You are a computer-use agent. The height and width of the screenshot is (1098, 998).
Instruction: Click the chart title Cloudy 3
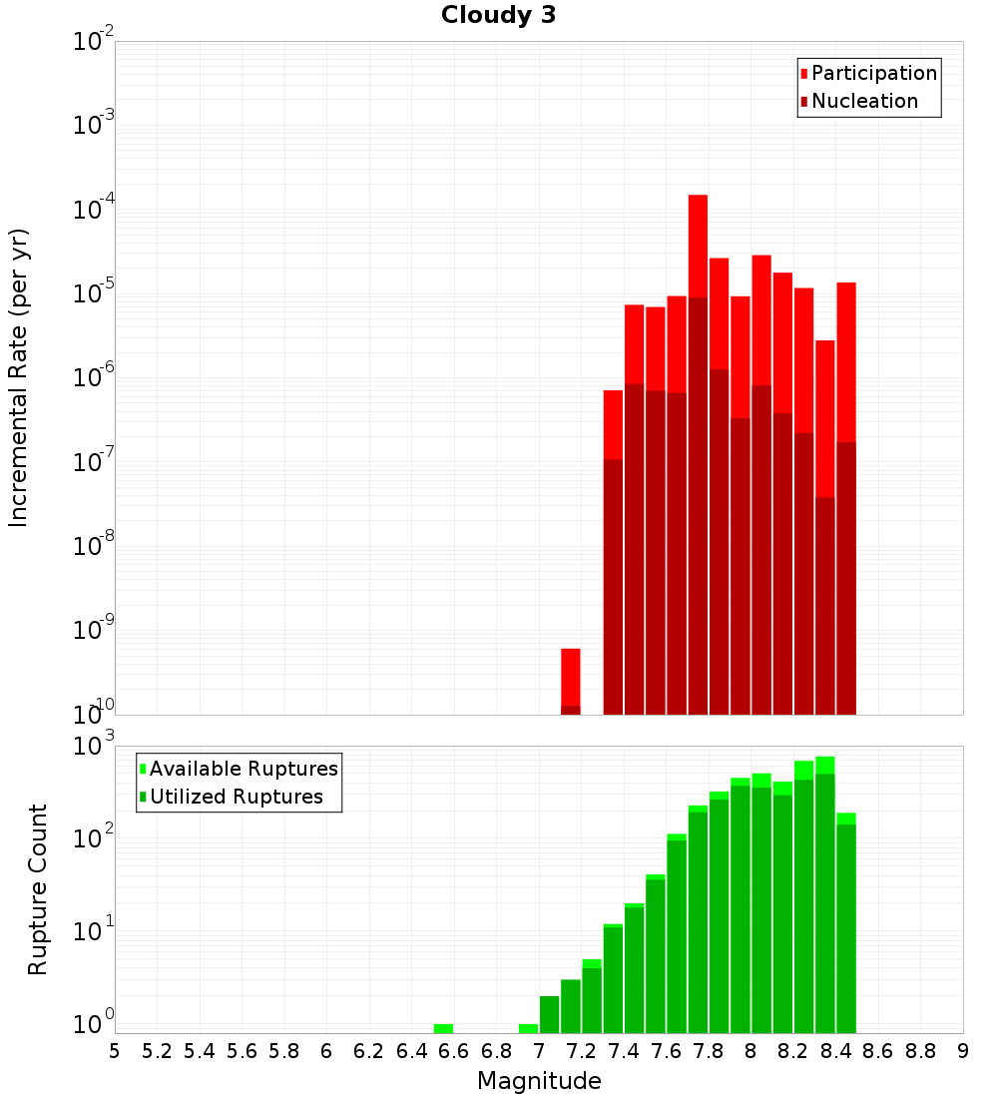[498, 15]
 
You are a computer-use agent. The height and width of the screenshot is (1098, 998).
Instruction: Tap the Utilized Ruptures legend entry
[236, 797]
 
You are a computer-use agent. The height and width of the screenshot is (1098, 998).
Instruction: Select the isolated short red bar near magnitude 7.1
[571, 679]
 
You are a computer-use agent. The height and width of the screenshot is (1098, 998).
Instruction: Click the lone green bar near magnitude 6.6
[443, 1028]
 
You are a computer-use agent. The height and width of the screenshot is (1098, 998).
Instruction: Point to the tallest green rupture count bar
[824, 893]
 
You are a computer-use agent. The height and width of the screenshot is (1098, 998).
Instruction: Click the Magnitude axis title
[539, 1081]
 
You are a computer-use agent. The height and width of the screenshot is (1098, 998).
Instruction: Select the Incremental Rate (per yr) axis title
[19, 377]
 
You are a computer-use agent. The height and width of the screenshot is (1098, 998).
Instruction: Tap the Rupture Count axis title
[38, 888]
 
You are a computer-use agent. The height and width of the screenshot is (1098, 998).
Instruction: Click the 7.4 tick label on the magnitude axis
[624, 1051]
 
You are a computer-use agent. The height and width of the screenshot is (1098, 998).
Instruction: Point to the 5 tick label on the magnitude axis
[115, 1051]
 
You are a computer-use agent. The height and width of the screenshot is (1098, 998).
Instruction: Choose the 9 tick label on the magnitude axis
[963, 1051]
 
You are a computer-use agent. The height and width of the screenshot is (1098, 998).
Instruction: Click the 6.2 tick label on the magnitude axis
[369, 1051]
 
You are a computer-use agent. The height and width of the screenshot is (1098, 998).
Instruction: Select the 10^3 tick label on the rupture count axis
[96, 747]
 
